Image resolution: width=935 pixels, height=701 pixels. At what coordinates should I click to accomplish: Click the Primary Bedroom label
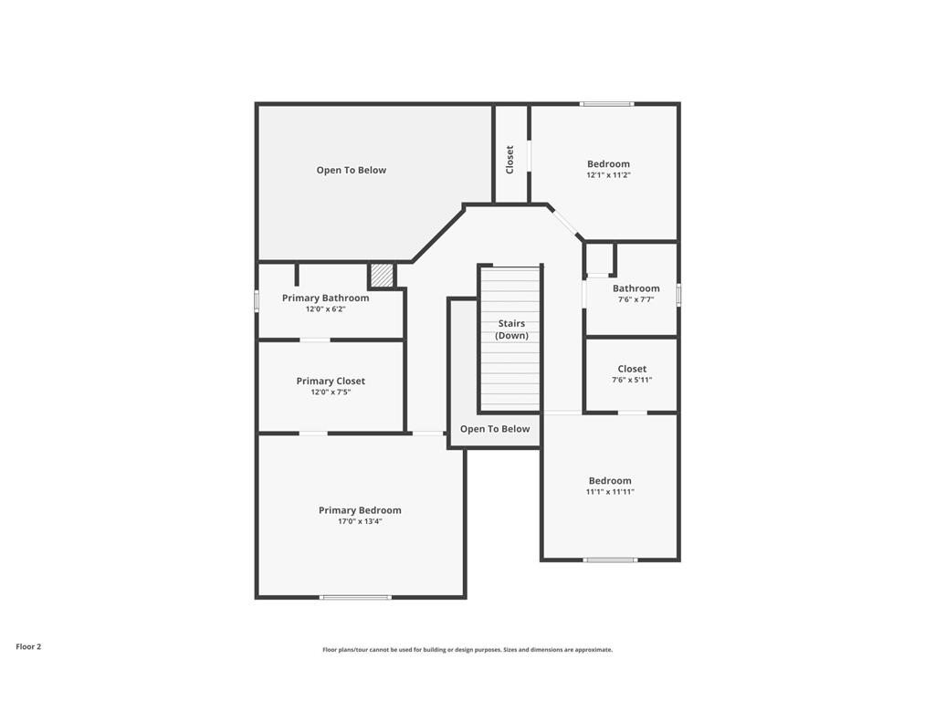pos(360,510)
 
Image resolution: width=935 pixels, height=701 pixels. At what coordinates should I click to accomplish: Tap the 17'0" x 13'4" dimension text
pos(360,522)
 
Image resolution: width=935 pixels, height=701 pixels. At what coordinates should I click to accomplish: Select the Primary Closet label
pos(331,381)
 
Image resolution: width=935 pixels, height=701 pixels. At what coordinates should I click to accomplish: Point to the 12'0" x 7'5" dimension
pos(331,392)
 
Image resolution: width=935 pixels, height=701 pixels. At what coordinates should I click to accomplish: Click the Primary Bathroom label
pos(325,298)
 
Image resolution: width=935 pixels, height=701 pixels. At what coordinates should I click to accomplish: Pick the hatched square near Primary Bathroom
pos(382,275)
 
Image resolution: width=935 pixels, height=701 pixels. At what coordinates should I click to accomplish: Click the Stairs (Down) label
pos(512,330)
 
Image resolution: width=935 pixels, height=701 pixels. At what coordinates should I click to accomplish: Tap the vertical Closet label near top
pos(510,159)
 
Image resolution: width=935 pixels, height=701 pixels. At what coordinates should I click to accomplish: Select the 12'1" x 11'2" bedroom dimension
pos(608,175)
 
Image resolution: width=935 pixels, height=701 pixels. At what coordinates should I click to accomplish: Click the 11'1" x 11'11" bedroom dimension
pos(610,492)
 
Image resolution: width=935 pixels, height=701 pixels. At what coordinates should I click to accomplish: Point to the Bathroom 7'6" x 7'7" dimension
pos(636,299)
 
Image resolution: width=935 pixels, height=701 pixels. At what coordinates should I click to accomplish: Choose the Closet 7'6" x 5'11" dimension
pos(632,381)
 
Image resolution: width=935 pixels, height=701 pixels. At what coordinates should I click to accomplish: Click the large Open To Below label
pos(352,170)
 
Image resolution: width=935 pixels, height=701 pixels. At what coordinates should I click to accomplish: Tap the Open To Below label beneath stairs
pos(495,429)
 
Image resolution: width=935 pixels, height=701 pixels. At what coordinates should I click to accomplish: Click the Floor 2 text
pos(28,646)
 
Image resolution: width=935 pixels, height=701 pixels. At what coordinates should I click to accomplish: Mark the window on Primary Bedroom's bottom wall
pos(355,597)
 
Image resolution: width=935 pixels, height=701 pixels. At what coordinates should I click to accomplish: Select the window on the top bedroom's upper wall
pos(607,104)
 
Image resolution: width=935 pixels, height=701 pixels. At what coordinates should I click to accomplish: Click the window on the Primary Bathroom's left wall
pos(257,300)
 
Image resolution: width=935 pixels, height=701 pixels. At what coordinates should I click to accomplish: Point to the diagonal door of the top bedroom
pos(565,222)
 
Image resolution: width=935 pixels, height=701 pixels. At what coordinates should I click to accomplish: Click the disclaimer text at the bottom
pos(467,650)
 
